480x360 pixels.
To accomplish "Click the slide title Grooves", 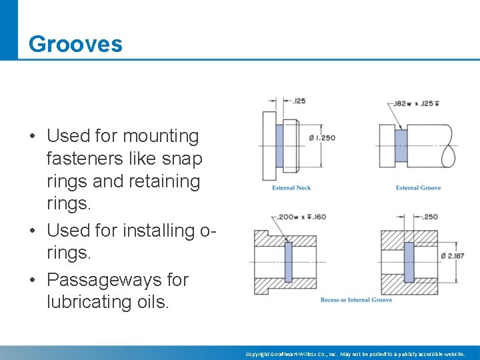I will pyautogui.click(x=75, y=44).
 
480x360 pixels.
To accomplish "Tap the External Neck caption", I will pyautogui.click(x=291, y=188).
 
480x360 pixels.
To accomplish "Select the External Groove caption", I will pyautogui.click(x=418, y=188).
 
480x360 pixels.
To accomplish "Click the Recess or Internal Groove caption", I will pyautogui.click(x=356, y=300).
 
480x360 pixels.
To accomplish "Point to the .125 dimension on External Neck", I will pyautogui.click(x=299, y=101).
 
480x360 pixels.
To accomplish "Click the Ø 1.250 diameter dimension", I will pyautogui.click(x=323, y=138).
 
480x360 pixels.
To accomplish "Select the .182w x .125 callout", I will pyautogui.click(x=418, y=103).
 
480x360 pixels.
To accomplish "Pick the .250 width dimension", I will pyautogui.click(x=430, y=217).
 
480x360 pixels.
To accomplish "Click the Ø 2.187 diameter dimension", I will pyautogui.click(x=453, y=256).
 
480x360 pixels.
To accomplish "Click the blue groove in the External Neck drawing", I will pyautogui.click(x=279, y=146).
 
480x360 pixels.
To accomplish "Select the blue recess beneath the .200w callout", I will pyautogui.click(x=288, y=261).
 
